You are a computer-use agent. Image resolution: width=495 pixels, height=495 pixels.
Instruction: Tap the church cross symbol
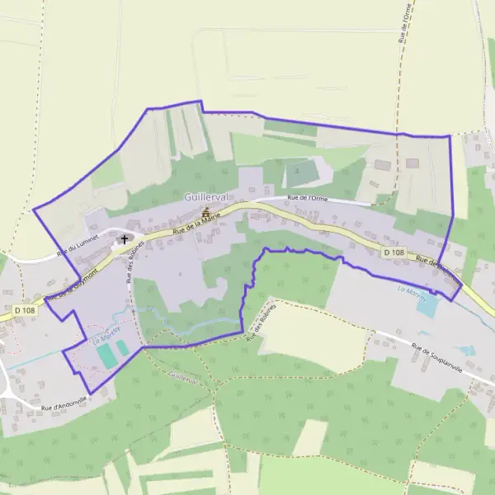point(125,239)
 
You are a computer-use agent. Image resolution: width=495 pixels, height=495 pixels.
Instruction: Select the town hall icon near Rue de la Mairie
point(205,213)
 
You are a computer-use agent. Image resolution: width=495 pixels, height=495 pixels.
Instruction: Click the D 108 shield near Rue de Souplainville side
point(394,252)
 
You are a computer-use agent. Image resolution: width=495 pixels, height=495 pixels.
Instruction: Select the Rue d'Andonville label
point(64,402)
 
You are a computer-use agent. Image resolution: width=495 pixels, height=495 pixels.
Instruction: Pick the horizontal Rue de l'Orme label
point(308,198)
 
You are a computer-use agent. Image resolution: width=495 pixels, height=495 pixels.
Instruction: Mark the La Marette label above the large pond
point(410,289)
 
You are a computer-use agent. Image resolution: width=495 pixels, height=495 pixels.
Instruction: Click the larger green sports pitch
point(106,356)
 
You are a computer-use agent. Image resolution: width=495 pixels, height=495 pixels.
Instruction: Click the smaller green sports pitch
point(122,348)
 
